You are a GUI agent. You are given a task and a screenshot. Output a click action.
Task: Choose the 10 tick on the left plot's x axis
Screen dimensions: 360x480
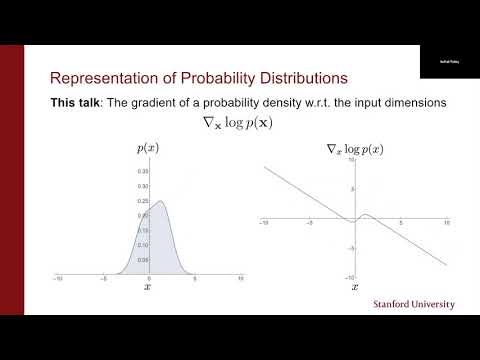(x=240, y=279)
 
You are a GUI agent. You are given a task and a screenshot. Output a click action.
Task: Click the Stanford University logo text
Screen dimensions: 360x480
(x=413, y=303)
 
